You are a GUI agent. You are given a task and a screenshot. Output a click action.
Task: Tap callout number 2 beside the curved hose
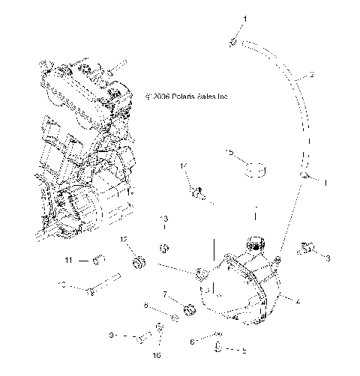(311, 75)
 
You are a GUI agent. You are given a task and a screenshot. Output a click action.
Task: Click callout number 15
(231, 152)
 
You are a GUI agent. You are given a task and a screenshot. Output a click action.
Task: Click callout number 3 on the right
(328, 258)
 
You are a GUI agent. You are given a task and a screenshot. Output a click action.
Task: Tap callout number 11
(67, 260)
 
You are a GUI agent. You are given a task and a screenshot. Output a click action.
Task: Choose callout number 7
(164, 295)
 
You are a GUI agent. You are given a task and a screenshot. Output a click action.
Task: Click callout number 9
(112, 336)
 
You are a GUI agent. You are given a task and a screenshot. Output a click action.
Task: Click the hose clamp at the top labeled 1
(234, 43)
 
